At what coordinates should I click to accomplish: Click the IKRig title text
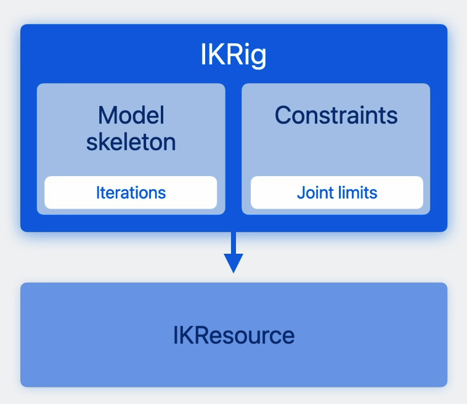pos(233,56)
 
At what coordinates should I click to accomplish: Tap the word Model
pos(131,115)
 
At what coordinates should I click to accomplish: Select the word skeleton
pos(131,142)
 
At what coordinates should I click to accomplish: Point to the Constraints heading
pos(336,115)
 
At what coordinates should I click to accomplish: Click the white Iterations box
pos(131,193)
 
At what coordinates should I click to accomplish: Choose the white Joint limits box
pos(337,193)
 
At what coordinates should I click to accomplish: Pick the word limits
pos(358,193)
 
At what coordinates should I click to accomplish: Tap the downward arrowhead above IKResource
pos(233,263)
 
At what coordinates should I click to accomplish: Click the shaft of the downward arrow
pos(233,243)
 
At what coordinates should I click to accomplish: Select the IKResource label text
pos(233,336)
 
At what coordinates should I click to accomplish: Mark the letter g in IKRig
pos(259,59)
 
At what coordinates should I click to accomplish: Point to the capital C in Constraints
pos(283,116)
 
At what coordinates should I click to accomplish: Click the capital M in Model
pos(108,115)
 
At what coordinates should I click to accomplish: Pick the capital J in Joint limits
pos(300,193)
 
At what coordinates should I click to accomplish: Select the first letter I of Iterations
pos(97,193)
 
